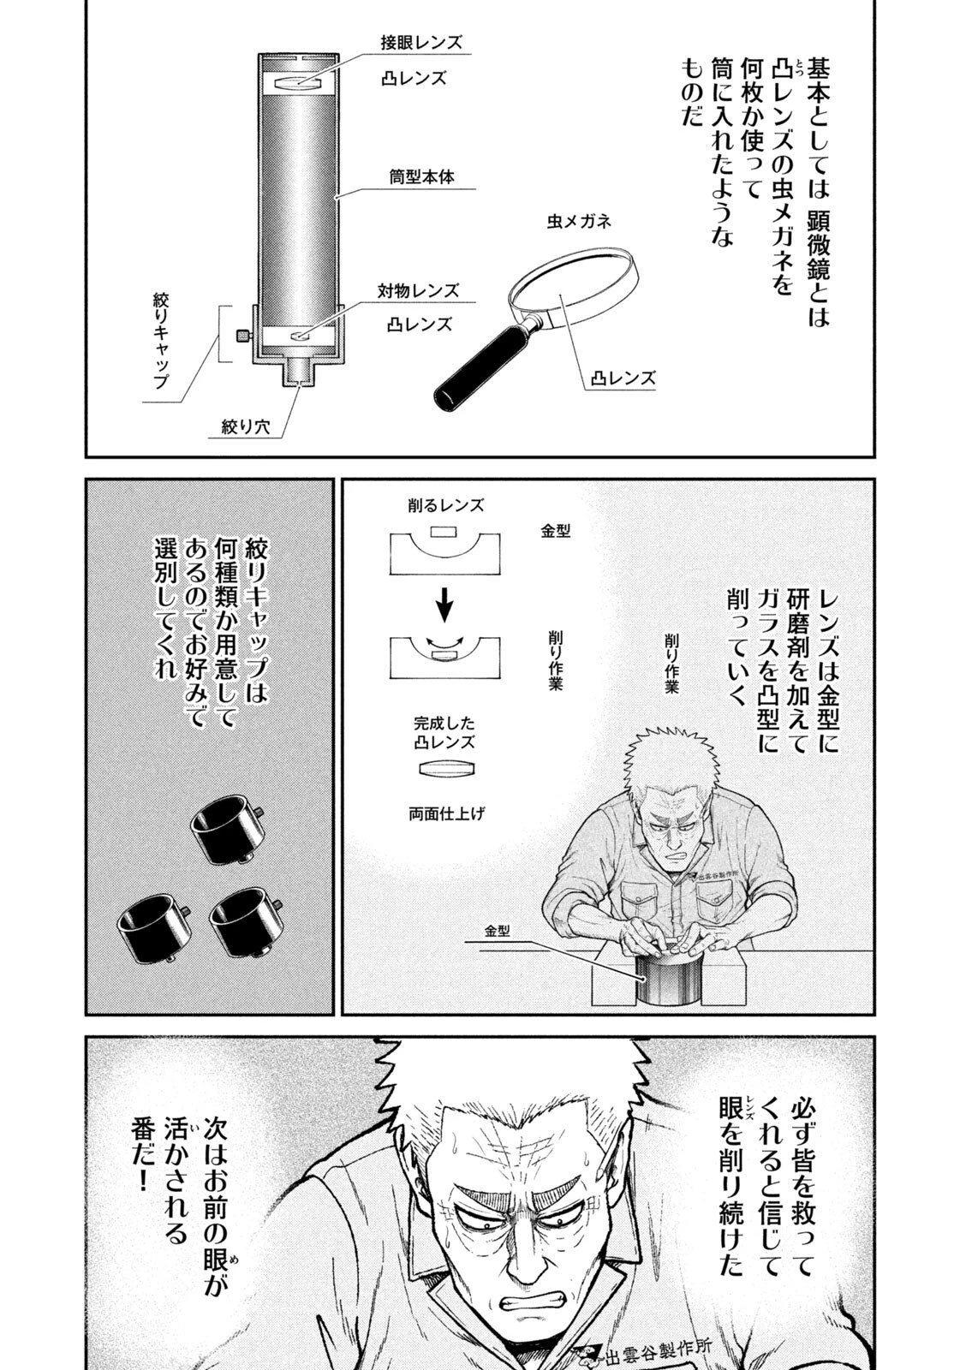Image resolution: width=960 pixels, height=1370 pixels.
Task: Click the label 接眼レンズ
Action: click(421, 42)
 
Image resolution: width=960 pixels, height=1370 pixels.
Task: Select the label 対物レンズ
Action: click(418, 289)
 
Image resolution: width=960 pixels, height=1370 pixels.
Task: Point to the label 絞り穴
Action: click(246, 426)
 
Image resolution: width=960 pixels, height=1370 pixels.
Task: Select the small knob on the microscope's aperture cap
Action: click(241, 336)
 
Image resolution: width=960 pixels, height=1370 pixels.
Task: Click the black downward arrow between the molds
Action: click(444, 606)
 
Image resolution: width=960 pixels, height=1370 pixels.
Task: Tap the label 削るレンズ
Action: click(445, 506)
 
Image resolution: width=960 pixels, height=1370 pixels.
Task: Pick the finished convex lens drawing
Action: click(444, 768)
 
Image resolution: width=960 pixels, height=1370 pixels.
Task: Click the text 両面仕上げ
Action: click(446, 813)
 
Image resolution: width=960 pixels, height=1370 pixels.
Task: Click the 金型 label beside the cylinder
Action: click(497, 931)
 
